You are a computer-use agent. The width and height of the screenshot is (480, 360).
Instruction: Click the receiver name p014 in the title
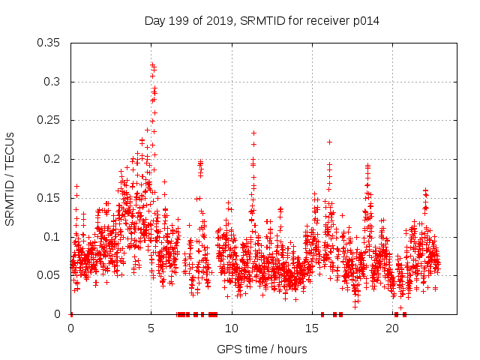[365, 21]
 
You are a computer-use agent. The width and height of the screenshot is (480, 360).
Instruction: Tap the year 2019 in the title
[218, 21]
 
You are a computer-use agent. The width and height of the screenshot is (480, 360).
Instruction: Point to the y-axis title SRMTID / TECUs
[10, 178]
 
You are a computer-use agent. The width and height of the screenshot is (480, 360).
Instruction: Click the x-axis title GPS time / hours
[262, 349]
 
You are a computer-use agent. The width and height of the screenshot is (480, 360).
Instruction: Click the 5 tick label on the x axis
[151, 328]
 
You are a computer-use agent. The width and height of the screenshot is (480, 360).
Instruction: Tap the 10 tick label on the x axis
[232, 328]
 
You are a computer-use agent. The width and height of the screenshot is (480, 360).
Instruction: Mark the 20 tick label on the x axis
[393, 328]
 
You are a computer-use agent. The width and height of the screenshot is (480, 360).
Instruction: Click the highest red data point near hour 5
[152, 65]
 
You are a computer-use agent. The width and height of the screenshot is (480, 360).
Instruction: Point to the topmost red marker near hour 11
[253, 133]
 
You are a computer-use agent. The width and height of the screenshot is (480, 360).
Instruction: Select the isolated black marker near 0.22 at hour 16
[329, 142]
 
